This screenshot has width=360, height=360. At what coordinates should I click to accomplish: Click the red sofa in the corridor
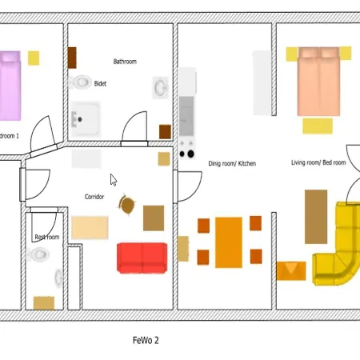point(142,258)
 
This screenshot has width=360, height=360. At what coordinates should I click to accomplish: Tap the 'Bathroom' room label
point(125,62)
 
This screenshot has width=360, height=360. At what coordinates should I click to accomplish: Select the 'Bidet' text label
point(100,84)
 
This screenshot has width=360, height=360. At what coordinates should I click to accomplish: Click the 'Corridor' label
point(94,197)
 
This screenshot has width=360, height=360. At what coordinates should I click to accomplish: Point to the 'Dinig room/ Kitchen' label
point(232,163)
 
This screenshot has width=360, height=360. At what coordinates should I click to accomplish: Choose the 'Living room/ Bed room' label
point(318,162)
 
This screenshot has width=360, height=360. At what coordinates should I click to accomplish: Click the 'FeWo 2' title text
point(146,340)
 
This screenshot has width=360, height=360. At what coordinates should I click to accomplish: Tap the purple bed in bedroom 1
point(10,86)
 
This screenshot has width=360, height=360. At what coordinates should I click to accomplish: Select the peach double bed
point(318,82)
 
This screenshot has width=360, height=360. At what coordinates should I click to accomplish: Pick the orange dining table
point(229,242)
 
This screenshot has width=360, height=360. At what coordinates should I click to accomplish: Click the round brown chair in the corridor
point(126,205)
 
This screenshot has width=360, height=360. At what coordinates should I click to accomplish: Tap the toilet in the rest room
point(38,254)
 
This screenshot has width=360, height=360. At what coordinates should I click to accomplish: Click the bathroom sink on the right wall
point(160,87)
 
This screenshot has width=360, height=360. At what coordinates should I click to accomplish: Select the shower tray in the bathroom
point(86,118)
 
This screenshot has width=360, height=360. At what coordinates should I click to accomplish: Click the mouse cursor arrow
point(114,180)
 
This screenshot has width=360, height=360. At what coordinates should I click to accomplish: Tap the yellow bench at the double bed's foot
point(318,126)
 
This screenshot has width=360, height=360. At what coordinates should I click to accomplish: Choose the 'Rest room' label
point(47,237)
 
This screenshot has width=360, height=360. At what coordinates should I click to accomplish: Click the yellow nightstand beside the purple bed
point(34,58)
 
